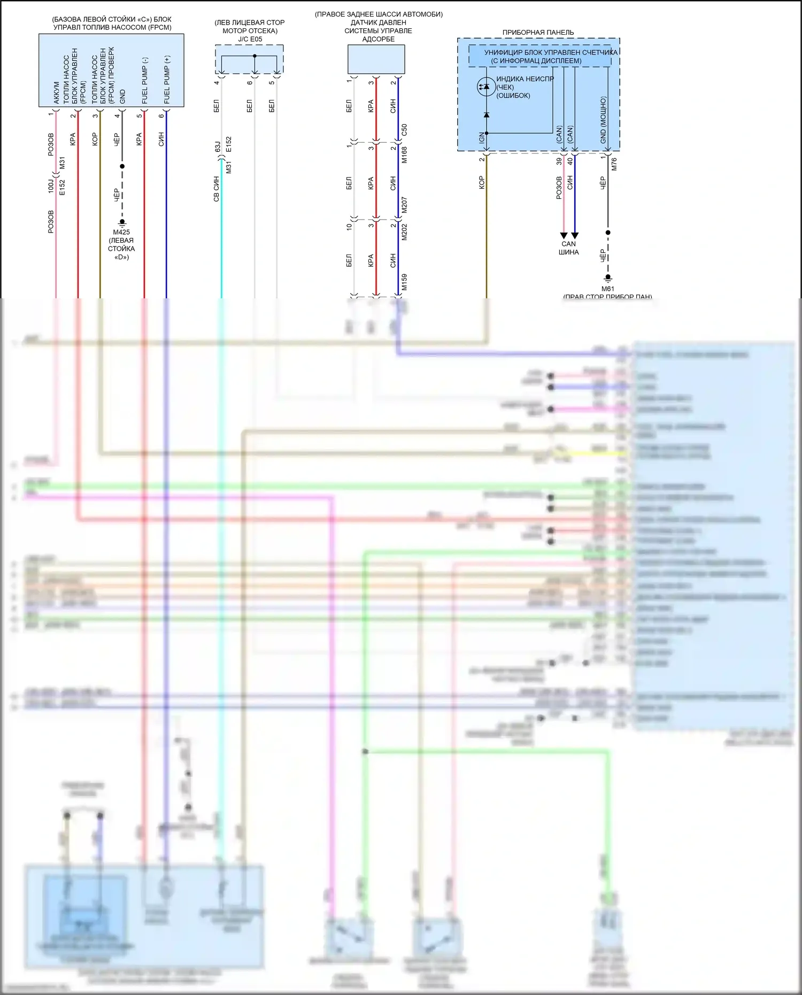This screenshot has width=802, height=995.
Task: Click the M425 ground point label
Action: pyautogui.click(x=121, y=232)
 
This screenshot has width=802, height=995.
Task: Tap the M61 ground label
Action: pyautogui.click(x=607, y=289)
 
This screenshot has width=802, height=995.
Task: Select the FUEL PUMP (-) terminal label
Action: pyautogui.click(x=145, y=81)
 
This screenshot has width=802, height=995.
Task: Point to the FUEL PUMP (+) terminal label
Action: pyautogui.click(x=167, y=80)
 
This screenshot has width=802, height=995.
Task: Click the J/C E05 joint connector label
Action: pyautogui.click(x=250, y=39)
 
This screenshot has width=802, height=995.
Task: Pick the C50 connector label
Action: pyautogui.click(x=404, y=129)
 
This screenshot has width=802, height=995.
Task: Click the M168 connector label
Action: pyautogui.click(x=404, y=155)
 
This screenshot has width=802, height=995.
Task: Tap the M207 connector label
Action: pyautogui.click(x=404, y=205)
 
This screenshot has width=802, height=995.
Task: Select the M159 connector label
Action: pyautogui.click(x=404, y=282)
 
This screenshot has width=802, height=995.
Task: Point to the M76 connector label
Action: pyautogui.click(x=614, y=164)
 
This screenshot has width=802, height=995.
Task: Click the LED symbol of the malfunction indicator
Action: pyautogui.click(x=486, y=87)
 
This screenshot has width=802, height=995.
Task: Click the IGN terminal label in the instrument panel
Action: pyautogui.click(x=482, y=137)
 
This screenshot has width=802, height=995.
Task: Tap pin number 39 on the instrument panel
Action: pyautogui.click(x=559, y=161)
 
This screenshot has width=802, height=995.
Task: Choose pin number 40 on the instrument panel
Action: pyautogui.click(x=570, y=161)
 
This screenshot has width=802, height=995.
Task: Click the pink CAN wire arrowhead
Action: pyautogui.click(x=564, y=235)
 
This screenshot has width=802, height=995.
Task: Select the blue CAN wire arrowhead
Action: pyautogui.click(x=575, y=235)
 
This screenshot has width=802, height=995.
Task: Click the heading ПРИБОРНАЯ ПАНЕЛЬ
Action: pyautogui.click(x=538, y=33)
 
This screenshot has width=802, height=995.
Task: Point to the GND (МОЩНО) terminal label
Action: pyautogui.click(x=603, y=120)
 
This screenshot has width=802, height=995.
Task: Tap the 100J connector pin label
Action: pyautogui.click(x=51, y=186)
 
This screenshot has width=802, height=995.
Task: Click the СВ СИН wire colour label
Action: pyautogui.click(x=217, y=189)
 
